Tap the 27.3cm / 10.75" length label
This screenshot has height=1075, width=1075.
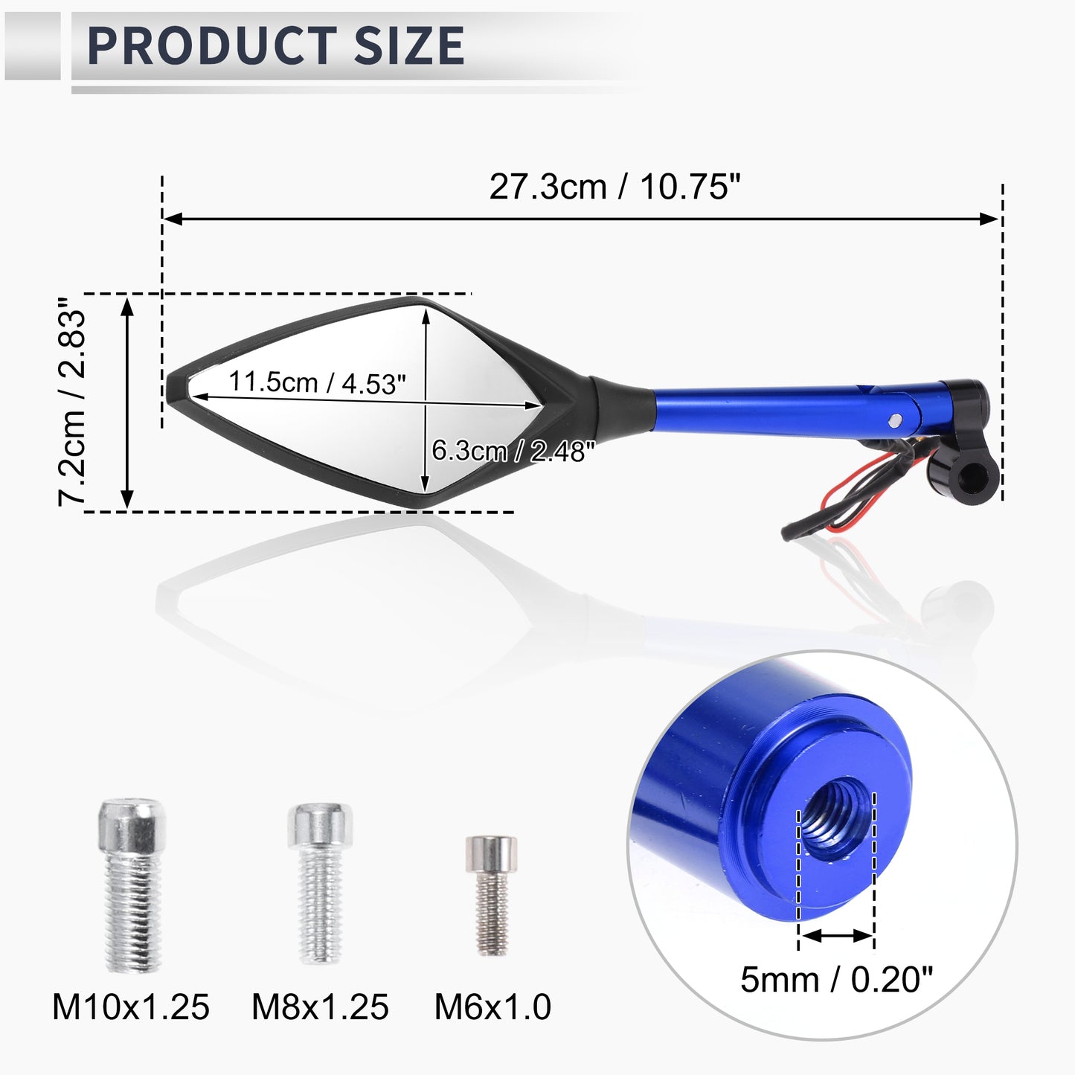click(x=614, y=187)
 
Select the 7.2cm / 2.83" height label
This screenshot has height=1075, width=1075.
click(x=72, y=401)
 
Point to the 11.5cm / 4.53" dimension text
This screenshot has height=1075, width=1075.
click(x=317, y=383)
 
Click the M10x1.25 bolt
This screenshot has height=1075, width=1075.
click(x=132, y=885)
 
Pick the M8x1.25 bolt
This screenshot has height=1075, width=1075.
click(x=320, y=884)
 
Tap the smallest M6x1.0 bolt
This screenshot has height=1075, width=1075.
click(x=492, y=895)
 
